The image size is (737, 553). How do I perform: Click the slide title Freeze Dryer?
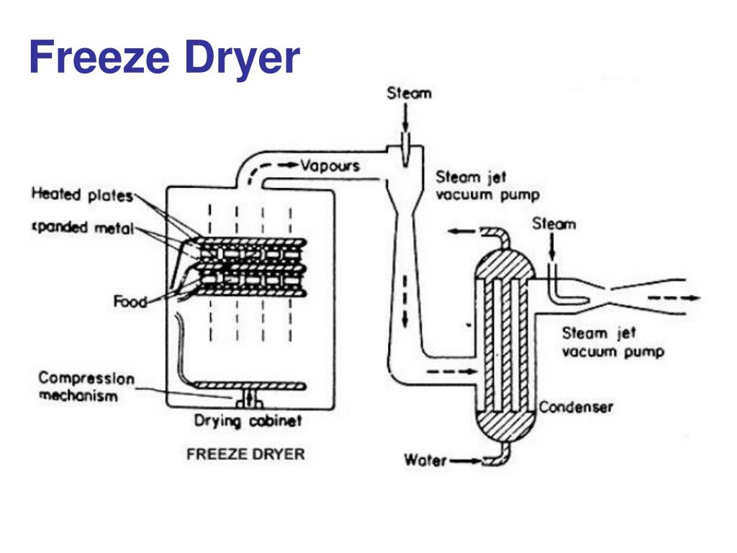[164, 58]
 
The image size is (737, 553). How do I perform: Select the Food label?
[130, 302]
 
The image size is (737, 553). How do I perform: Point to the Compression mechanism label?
[86, 387]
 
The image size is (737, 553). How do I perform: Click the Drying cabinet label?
[248, 421]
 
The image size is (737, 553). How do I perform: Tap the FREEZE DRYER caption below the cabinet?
[245, 454]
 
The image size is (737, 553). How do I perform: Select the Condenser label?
[576, 408]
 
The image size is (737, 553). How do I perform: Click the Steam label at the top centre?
[409, 93]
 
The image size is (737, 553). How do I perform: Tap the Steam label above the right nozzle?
[554, 225]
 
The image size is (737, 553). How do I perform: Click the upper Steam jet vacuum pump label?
[487, 186]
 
